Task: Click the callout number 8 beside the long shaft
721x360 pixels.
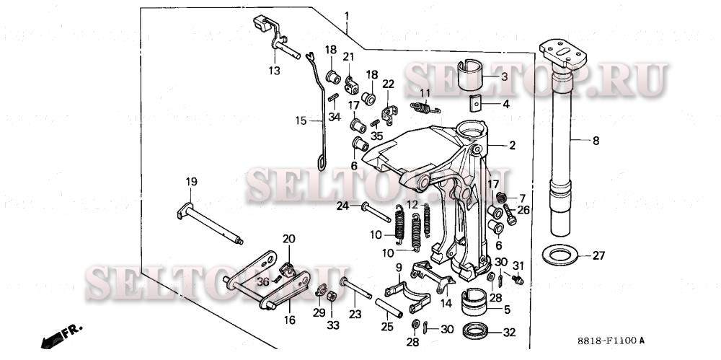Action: pyautogui.click(x=596, y=142)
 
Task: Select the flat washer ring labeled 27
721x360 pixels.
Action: pyautogui.click(x=557, y=255)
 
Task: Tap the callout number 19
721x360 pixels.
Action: pyautogui.click(x=190, y=183)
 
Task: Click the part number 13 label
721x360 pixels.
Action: pyautogui.click(x=274, y=70)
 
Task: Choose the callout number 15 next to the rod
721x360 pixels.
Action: pyautogui.click(x=301, y=120)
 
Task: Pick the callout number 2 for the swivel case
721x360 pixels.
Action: pyautogui.click(x=512, y=146)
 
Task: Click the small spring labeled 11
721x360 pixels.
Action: pyautogui.click(x=425, y=108)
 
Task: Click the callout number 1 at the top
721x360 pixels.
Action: pyautogui.click(x=347, y=15)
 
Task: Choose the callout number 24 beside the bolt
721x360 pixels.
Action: pyautogui.click(x=343, y=206)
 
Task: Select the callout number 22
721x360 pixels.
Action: pyautogui.click(x=388, y=84)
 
